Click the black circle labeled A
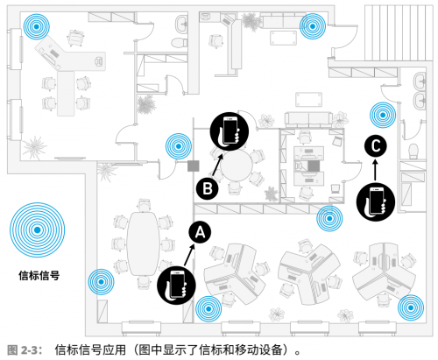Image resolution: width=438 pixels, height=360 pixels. [200, 232]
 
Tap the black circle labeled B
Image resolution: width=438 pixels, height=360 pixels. [208, 188]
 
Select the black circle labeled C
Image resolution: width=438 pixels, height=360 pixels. [376, 145]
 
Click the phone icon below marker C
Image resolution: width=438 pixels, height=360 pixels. [376, 201]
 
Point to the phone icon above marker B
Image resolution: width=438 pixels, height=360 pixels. [230, 131]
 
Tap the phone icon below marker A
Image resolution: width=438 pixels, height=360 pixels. [176, 285]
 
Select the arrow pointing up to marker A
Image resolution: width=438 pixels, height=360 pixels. [189, 255]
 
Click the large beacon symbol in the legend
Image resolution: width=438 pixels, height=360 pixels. [38, 230]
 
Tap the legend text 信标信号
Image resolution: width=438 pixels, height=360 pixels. [39, 276]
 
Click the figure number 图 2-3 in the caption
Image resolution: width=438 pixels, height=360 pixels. [22, 349]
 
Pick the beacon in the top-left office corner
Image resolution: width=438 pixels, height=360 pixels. [37, 26]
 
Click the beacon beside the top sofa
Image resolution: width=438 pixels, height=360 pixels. [313, 26]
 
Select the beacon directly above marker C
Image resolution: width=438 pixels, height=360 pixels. [383, 115]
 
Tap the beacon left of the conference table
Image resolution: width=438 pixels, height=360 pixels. [101, 282]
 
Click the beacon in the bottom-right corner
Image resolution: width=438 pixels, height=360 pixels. [411, 307]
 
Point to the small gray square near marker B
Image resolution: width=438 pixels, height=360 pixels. [194, 166]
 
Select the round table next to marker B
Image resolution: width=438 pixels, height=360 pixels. [236, 166]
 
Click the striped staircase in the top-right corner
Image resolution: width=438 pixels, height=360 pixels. [399, 32]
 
